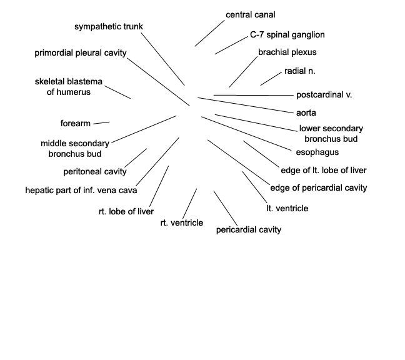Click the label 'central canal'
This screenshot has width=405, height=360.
click(250, 15)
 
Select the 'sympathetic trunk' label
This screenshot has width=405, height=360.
click(109, 27)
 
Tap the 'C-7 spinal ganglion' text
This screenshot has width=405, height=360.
click(287, 34)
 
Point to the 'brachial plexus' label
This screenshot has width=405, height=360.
click(287, 52)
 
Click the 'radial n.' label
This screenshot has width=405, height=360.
click(299, 71)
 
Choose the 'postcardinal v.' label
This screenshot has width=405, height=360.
click(324, 95)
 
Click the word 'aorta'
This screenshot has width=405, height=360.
click(306, 113)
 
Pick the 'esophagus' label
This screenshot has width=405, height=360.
click(317, 152)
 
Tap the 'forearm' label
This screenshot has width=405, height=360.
click(76, 124)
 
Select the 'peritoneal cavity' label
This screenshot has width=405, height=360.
click(95, 171)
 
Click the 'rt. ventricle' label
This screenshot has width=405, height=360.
click(182, 222)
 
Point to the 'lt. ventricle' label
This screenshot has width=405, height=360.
click(287, 208)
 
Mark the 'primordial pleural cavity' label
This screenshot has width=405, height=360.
click(81, 53)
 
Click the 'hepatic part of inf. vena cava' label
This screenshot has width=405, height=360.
click(81, 191)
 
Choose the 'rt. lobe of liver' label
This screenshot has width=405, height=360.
click(126, 211)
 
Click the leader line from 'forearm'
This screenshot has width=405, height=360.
click(101, 123)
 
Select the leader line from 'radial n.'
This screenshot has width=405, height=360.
click(271, 79)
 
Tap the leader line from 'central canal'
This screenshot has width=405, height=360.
click(210, 33)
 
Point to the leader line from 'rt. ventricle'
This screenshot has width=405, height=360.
click(189, 204)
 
